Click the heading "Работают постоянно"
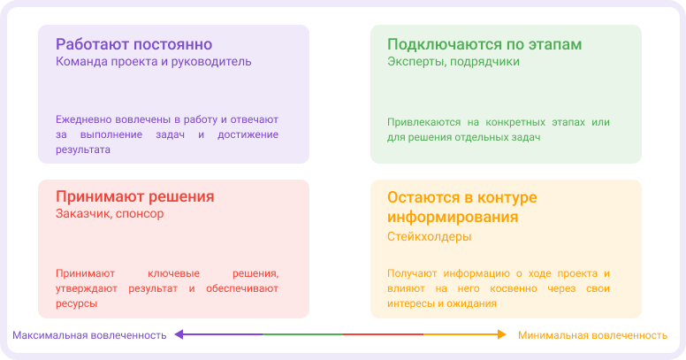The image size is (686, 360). (133, 44)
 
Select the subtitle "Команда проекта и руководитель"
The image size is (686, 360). (154, 62)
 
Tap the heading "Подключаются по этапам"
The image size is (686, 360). (484, 44)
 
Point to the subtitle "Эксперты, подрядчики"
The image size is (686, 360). (454, 62)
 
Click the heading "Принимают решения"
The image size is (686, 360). (135, 196)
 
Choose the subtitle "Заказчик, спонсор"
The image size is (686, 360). (110, 214)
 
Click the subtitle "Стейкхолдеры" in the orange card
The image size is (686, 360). (430, 237)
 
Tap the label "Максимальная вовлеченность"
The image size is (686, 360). (89, 335)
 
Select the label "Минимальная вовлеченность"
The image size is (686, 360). (592, 335)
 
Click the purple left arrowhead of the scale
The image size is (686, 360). (178, 334)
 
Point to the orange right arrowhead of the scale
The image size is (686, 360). (500, 334)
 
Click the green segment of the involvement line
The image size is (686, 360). (303, 334)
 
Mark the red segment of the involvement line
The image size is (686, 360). (383, 334)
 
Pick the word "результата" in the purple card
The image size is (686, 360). (83, 150)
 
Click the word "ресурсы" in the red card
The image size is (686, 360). (76, 303)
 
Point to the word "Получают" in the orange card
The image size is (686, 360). (412, 273)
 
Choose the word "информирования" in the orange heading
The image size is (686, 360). (453, 217)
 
